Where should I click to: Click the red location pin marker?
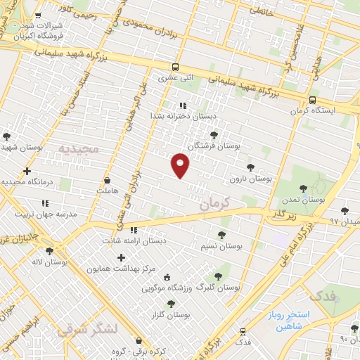tap(181, 165)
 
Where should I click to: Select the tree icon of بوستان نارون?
tap(250, 167)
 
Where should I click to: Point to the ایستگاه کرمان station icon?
tap(312, 99)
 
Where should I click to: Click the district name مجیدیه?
tap(79, 149)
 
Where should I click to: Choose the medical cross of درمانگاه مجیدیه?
tap(27, 171)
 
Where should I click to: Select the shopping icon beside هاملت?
tap(107, 179)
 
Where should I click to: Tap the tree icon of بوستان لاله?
tap(49, 251)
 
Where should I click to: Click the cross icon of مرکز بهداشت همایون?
tap(121, 258)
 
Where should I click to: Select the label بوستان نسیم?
tap(221, 247)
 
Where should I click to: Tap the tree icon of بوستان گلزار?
tap(171, 304)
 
